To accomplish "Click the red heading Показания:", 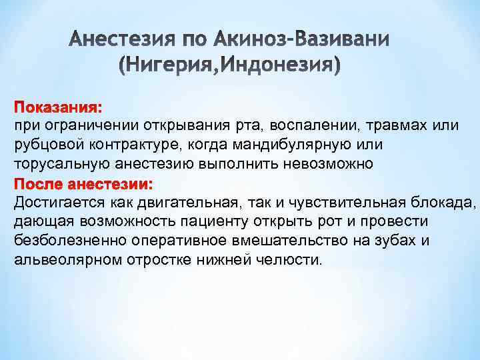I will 59,107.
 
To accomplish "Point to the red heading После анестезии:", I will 83,183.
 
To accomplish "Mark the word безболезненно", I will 70,240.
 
